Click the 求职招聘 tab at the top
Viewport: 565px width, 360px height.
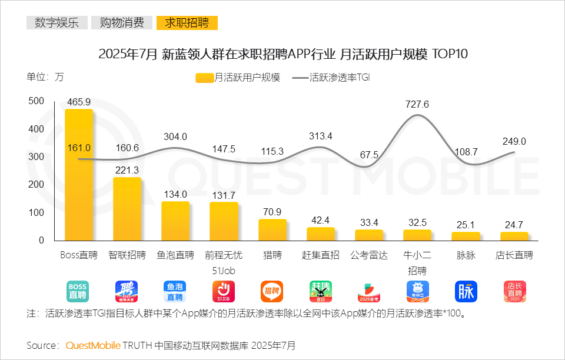coord(187,23)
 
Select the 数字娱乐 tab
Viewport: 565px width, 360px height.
coord(56,23)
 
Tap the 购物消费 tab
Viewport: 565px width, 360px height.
coord(122,23)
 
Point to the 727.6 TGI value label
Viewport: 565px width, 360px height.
coord(417,104)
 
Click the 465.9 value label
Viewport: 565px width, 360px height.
coord(79,102)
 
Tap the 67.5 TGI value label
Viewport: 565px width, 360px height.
coord(369,155)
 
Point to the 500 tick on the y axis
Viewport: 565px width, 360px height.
coord(36,101)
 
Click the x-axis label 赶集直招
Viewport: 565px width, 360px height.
coord(321,256)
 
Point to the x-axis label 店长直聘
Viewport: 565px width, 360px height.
coord(514,256)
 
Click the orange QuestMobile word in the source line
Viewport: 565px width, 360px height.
coord(93,345)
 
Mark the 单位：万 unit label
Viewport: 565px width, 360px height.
coord(45,76)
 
